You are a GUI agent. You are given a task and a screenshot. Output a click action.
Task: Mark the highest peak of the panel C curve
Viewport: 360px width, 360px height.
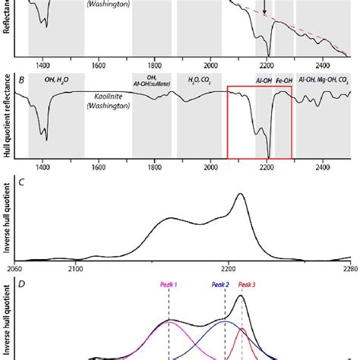click(242, 194)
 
